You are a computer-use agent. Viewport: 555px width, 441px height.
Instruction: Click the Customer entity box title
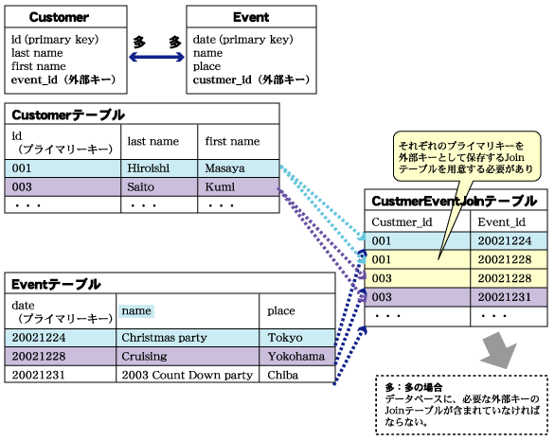coord(59,17)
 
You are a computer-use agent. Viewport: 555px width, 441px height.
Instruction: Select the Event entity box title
coord(251,17)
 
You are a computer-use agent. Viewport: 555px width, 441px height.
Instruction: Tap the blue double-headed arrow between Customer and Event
coord(156,57)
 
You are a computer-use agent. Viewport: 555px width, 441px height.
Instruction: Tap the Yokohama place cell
coord(295,356)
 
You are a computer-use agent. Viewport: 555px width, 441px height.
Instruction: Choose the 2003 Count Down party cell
coord(188,375)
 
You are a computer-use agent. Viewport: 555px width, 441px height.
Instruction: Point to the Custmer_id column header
coord(402,222)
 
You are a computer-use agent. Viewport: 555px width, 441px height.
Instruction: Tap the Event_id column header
coord(501,222)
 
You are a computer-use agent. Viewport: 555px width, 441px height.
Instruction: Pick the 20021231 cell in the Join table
coord(505,297)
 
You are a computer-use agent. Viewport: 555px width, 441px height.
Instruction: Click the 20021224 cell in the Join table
coord(505,240)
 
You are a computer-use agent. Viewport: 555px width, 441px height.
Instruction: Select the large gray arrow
coord(499,351)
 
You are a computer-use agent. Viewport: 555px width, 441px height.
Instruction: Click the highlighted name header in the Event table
coord(136,310)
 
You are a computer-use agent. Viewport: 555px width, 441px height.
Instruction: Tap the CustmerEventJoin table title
coord(455,202)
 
